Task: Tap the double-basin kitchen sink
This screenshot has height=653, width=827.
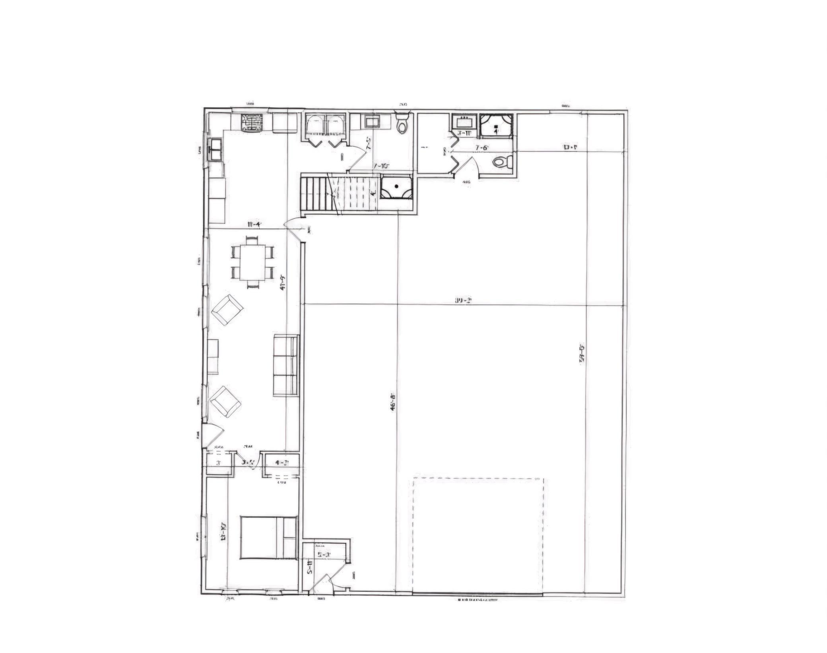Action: point(216,149)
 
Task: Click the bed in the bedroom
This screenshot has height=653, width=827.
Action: point(268,537)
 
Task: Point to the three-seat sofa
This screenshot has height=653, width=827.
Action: point(285,365)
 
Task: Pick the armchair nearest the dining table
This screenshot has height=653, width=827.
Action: point(227,310)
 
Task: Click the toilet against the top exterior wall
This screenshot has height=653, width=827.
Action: point(402,123)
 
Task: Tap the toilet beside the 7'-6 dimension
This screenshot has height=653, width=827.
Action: point(502,162)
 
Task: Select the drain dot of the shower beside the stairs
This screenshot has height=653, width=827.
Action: point(396,186)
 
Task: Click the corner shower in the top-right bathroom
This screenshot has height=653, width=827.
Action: point(495,125)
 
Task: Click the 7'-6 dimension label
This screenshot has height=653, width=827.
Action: point(481,147)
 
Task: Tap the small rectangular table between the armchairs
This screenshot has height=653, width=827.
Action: point(213,356)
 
